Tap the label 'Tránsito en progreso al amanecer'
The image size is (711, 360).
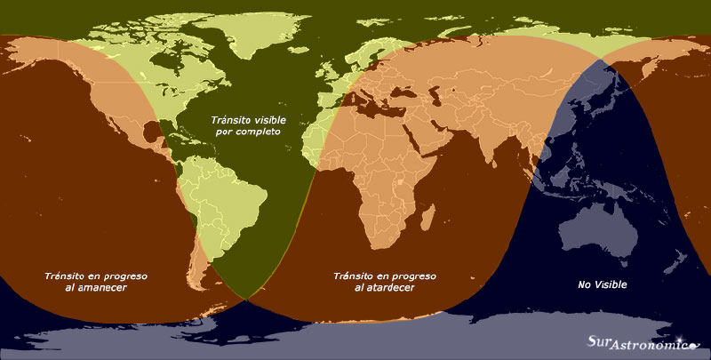(96, 282)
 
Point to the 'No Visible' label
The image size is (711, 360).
(603, 284)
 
